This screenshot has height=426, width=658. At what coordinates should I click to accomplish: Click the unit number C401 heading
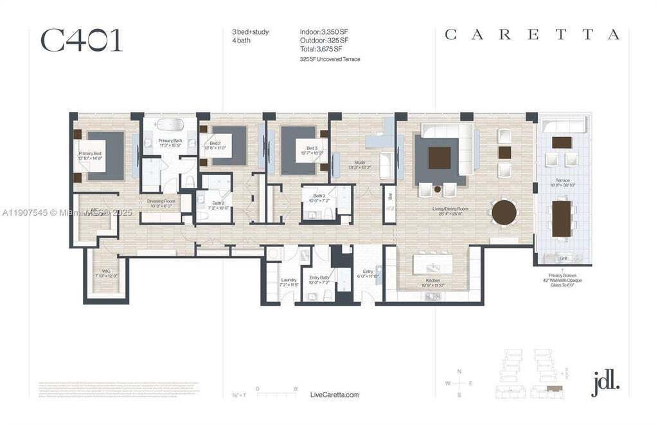[x=81, y=40]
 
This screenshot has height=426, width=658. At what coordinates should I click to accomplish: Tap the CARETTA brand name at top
[x=532, y=35]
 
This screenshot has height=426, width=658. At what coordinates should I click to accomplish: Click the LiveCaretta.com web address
[x=334, y=394]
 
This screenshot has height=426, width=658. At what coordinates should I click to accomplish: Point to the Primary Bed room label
[x=90, y=155]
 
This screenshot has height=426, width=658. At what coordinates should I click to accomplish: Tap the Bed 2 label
[x=215, y=145]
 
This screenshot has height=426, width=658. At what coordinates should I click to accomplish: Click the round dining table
[x=504, y=212]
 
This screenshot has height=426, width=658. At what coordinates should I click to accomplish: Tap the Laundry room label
[x=289, y=281]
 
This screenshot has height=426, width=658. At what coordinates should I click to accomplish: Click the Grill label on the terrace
[x=563, y=259]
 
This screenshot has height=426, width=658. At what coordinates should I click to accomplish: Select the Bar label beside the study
[x=390, y=196]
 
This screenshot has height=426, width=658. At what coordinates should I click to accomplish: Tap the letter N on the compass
[x=459, y=371]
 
